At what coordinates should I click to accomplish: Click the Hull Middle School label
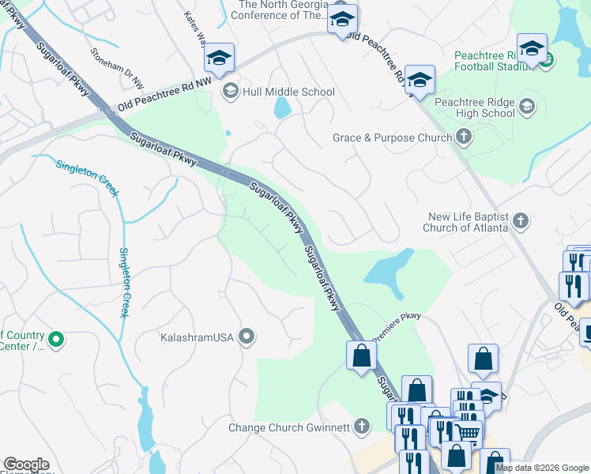point(289,92)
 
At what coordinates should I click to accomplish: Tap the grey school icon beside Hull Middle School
point(230,89)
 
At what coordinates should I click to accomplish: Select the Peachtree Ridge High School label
point(474,108)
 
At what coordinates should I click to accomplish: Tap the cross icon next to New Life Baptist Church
point(521,220)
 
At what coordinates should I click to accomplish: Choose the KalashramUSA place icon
point(247,337)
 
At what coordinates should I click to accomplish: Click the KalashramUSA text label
point(197,337)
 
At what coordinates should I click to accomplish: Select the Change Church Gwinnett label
point(288,427)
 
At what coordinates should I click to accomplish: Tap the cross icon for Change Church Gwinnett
point(362,427)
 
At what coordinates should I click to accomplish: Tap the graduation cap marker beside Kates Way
point(219,58)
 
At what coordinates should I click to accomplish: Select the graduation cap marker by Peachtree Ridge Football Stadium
point(532,48)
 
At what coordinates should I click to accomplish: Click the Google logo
point(27,465)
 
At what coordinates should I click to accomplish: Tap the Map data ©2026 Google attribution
point(541,468)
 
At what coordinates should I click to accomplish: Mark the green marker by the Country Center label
point(55,340)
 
